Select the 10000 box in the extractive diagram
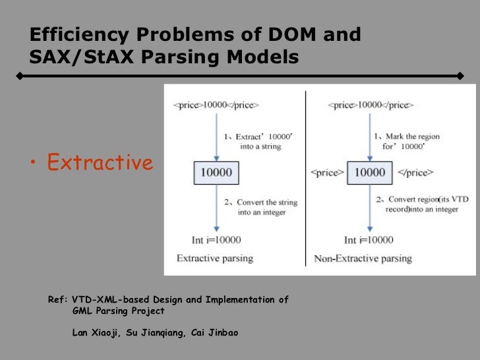pos(217,173)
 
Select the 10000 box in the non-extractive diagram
pos(370,173)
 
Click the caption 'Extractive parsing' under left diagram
pos(215,258)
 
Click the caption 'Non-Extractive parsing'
pos(364,258)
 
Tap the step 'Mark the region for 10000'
pos(407,142)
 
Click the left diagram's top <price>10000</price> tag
pos(216,105)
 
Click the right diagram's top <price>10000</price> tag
pos(370,105)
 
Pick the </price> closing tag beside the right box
pos(415,173)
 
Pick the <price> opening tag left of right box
pos(327,173)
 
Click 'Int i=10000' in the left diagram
pos(209,240)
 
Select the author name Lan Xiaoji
pos(95,333)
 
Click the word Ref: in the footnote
pos(58,300)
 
